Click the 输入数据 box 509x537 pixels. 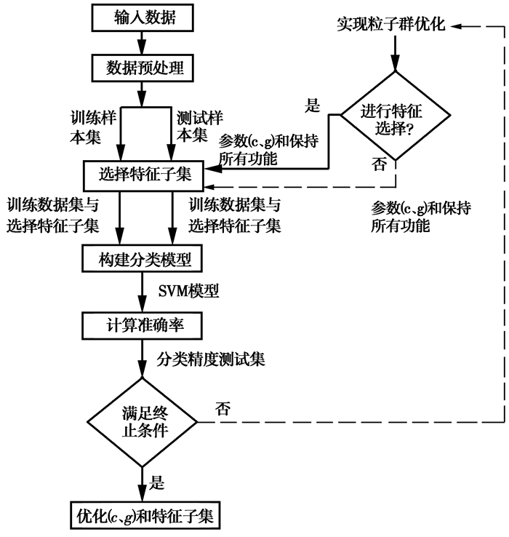145,18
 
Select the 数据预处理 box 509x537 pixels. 145,70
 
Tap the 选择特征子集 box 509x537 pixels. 144,173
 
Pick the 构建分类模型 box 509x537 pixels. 145,258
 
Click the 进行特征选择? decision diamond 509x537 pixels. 396,116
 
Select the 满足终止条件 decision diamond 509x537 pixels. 143,423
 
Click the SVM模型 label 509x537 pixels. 189,292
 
